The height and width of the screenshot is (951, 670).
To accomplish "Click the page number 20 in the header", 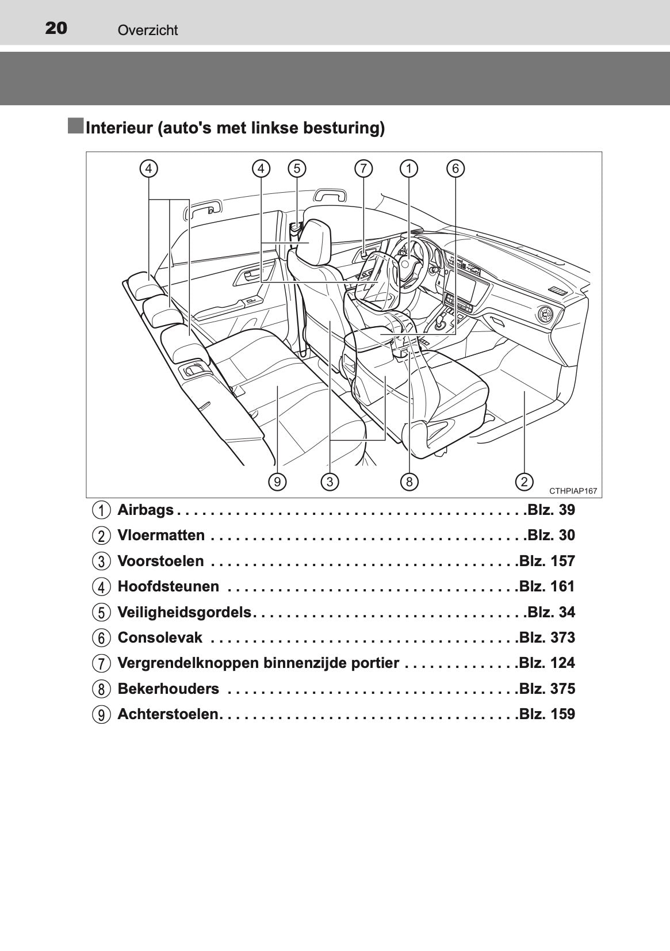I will [56, 28].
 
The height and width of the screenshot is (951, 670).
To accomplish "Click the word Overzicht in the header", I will [147, 30].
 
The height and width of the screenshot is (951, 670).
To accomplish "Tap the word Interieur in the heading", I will [119, 128].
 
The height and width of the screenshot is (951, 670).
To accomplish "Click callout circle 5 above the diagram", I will [297, 169].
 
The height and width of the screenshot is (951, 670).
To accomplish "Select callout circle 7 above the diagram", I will [363, 169].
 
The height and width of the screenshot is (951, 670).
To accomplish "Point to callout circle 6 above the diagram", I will [455, 169].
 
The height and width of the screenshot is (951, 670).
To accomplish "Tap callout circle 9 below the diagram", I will [277, 482].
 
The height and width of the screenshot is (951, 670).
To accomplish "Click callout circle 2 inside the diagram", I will [524, 482].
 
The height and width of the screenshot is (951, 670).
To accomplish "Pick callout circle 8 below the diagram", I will [409, 482].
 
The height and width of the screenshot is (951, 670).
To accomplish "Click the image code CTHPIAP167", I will [573, 491].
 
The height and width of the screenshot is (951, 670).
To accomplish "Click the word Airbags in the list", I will [146, 510].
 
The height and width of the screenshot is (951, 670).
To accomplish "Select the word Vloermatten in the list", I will [161, 536].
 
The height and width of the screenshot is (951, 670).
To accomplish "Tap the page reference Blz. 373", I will [547, 637].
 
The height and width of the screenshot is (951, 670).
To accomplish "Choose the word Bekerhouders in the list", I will [169, 689].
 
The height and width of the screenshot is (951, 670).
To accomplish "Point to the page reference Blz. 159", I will [547, 714].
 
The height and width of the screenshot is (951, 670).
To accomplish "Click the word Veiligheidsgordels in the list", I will [185, 612].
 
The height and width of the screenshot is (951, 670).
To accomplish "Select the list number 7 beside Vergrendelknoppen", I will [101, 663].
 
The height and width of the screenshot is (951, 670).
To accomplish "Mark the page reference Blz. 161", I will [547, 586].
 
